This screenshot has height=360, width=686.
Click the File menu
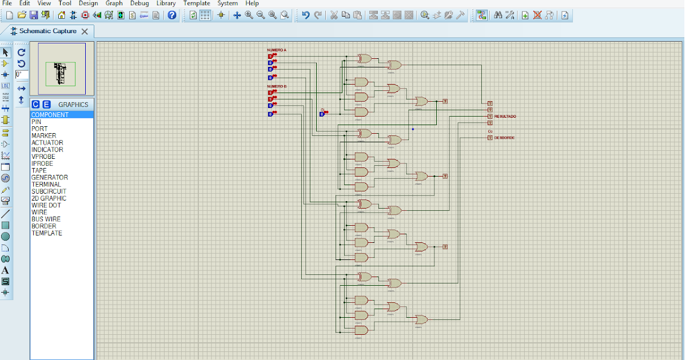click(x=7, y=3)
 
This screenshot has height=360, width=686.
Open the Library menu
click(x=166, y=3)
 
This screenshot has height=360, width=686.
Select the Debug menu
click(x=139, y=3)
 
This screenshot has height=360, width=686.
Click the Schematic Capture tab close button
click(x=85, y=31)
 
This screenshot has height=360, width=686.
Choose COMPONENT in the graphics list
click(x=50, y=115)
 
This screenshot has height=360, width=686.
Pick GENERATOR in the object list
click(x=49, y=178)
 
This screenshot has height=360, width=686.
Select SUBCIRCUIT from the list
click(x=49, y=191)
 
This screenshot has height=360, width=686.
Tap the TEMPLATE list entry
click(x=47, y=233)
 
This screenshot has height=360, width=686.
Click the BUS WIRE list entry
click(x=46, y=219)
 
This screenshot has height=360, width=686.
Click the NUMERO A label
click(x=277, y=50)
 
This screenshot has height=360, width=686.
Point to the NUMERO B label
click(x=277, y=86)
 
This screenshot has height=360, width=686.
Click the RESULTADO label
click(x=505, y=117)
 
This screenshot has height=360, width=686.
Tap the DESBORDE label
click(x=504, y=138)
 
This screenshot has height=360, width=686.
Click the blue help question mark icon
click(x=172, y=15)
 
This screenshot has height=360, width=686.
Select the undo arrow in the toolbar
click(x=306, y=15)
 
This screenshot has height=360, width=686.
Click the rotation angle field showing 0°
click(x=21, y=75)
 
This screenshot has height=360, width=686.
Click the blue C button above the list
click(x=35, y=105)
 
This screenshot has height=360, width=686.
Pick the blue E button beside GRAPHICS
click(x=46, y=105)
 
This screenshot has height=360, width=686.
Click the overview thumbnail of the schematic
click(x=61, y=69)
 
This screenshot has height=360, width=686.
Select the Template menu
click(x=197, y=3)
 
